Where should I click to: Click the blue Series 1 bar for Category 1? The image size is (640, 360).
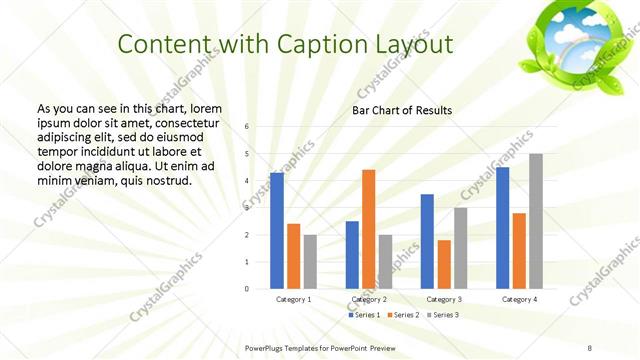(x=277, y=231)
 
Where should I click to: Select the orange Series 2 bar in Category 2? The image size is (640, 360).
(x=368, y=229)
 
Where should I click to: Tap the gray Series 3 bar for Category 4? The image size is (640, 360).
(x=536, y=221)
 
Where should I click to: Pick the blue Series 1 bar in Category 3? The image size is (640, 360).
(x=427, y=241)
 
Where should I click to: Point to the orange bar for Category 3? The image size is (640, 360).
(x=443, y=264)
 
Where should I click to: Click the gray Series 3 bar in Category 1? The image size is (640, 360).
(x=310, y=262)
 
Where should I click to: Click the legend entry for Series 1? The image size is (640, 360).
(x=363, y=315)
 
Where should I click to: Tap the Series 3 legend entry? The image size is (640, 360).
(x=445, y=315)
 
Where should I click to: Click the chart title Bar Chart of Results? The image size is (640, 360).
(x=402, y=110)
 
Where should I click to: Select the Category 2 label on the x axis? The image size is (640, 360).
(x=368, y=299)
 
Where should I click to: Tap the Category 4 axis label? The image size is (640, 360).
(x=519, y=299)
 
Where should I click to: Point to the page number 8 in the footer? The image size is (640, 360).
(x=590, y=348)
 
